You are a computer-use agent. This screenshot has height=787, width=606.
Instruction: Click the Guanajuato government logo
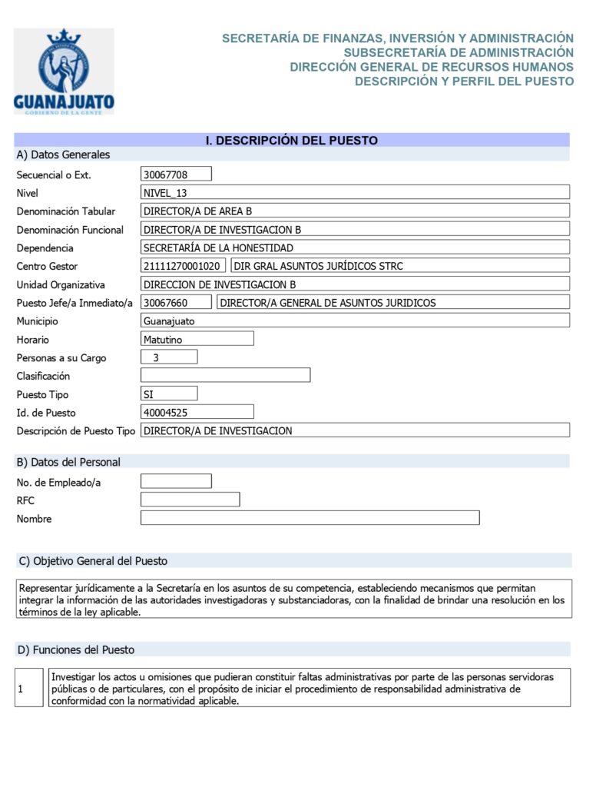tap(64, 71)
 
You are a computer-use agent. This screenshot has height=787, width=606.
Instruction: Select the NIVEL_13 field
tap(355, 193)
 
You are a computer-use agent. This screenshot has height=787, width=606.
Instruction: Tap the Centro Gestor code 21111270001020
tap(184, 266)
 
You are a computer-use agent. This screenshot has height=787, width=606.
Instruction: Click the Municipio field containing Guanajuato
tap(355, 321)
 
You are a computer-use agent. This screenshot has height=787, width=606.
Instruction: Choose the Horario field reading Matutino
tap(197, 339)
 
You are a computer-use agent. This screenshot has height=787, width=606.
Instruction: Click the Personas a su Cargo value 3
tap(169, 357)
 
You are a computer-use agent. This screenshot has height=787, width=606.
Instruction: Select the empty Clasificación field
tap(225, 376)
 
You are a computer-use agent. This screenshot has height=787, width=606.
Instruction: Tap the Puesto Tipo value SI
tap(169, 394)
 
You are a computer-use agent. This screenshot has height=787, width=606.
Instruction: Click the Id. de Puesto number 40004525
tap(197, 413)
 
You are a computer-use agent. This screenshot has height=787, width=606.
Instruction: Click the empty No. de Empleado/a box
tap(176, 482)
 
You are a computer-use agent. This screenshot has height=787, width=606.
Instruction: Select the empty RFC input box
tap(190, 500)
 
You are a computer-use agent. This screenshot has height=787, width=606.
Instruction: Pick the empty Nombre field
tap(310, 518)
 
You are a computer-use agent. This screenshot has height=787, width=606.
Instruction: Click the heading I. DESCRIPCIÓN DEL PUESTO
tap(291, 141)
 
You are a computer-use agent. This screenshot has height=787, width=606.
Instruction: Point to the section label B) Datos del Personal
tap(68, 462)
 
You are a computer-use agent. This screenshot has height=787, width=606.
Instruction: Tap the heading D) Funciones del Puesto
tap(75, 650)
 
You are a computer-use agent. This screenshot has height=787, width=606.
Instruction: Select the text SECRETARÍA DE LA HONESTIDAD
tap(219, 247)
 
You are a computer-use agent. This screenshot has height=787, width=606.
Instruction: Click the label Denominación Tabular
tap(66, 211)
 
